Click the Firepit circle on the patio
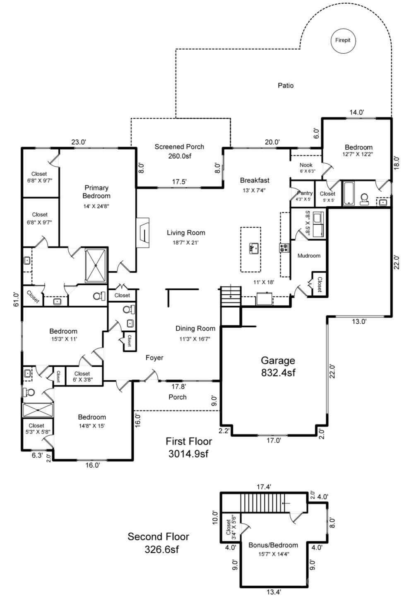pos(343,41)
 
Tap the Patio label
pos(286,86)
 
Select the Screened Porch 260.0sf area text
pos(179,151)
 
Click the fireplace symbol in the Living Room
pos(143,233)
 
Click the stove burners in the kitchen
pos(284,248)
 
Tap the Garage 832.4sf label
pos(278,366)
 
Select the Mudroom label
pos(309,256)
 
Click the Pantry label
pos(305,193)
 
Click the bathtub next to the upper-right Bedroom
pos(349,193)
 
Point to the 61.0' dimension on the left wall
pos(16,299)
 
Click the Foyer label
pos(154,358)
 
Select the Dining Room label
pos(195,329)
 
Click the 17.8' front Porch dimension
pos(179,387)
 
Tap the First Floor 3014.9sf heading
pos(189,447)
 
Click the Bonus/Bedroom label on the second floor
pos(273,545)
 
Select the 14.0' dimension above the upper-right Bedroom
pos(356,112)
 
